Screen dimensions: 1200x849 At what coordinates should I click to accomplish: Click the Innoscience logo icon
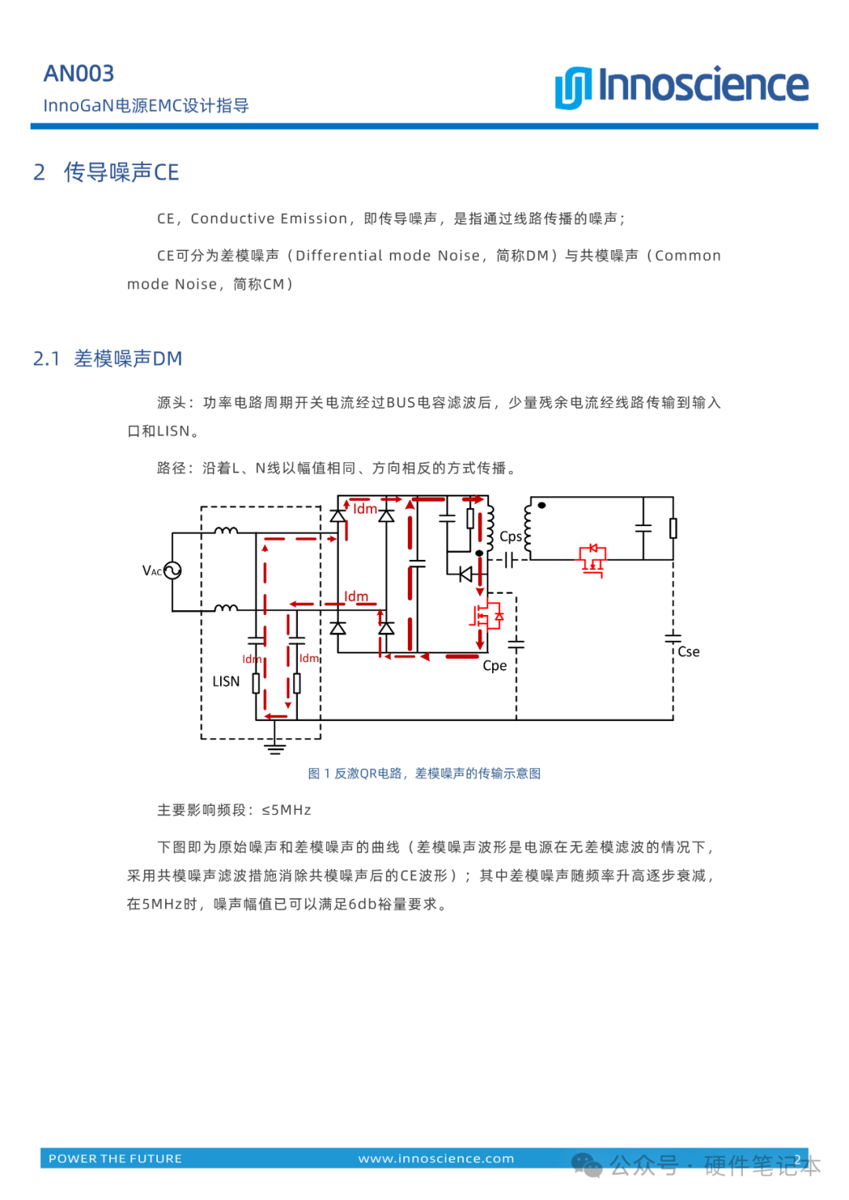(x=572, y=87)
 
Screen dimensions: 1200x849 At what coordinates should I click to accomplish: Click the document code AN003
(x=79, y=73)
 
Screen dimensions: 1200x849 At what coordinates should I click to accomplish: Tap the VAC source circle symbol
(x=173, y=571)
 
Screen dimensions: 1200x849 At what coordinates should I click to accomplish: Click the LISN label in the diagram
(x=226, y=682)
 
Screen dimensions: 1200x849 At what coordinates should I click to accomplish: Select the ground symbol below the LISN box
(x=274, y=746)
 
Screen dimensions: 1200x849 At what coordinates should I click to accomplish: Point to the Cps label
(x=510, y=536)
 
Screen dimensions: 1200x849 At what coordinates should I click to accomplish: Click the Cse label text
(x=689, y=652)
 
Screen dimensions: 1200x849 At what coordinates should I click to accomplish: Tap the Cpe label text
(x=494, y=666)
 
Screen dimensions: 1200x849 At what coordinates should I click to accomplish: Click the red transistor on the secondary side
(x=593, y=559)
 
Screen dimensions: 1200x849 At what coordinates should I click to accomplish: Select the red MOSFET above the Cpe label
(x=486, y=617)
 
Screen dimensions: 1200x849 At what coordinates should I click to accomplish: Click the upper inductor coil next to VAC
(x=226, y=532)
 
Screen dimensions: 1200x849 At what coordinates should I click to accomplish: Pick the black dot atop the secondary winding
(x=542, y=506)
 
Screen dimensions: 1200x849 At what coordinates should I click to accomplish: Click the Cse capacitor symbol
(x=673, y=636)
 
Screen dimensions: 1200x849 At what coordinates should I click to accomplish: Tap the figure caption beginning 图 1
(x=424, y=774)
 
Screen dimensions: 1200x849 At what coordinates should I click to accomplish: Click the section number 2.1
(x=46, y=359)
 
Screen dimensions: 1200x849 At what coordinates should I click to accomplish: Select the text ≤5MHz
(x=286, y=810)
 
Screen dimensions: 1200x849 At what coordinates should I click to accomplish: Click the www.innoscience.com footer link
(x=436, y=1158)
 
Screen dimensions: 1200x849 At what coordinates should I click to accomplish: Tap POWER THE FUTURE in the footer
(x=116, y=1158)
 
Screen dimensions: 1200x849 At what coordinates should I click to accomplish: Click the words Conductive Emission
(x=269, y=219)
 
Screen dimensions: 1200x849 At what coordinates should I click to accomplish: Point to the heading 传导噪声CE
(x=121, y=172)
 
